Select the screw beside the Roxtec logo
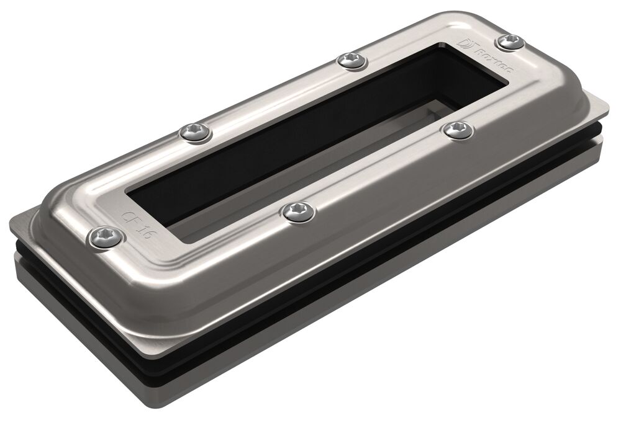point(510,41)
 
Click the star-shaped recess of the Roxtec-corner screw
point(510,40)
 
